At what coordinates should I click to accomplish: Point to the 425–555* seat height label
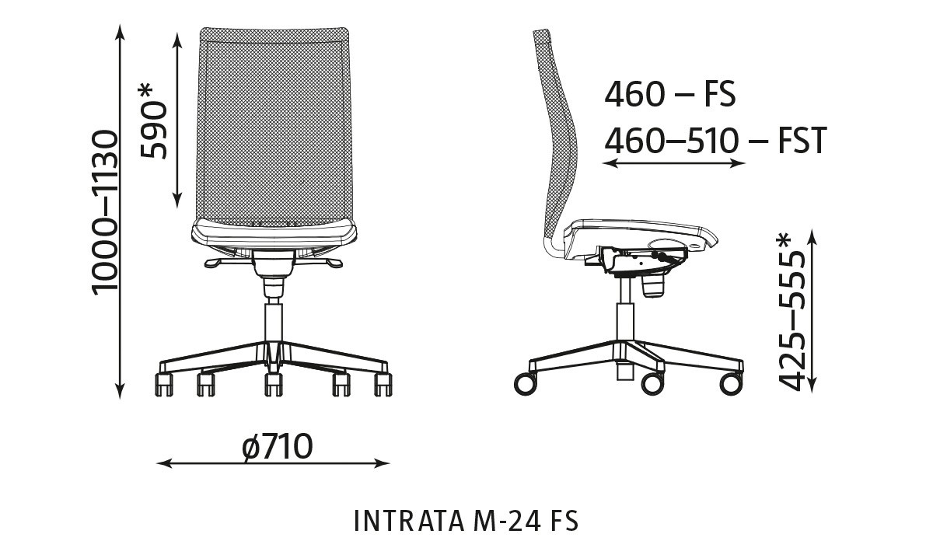tap(791, 311)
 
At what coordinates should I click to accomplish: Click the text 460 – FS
tap(669, 95)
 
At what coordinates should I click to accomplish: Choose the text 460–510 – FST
tap(715, 141)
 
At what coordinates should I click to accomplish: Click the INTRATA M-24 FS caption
tap(466, 520)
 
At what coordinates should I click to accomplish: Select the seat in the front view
tap(274, 231)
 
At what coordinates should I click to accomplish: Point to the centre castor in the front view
tap(273, 383)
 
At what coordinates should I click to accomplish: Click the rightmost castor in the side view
tap(731, 382)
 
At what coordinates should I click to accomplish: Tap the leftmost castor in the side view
tap(525, 382)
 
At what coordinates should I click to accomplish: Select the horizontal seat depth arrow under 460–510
tap(674, 163)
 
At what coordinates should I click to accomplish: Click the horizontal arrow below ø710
tap(273, 464)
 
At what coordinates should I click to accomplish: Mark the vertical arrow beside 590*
tap(178, 117)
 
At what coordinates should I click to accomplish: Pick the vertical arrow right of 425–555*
tap(812, 311)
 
